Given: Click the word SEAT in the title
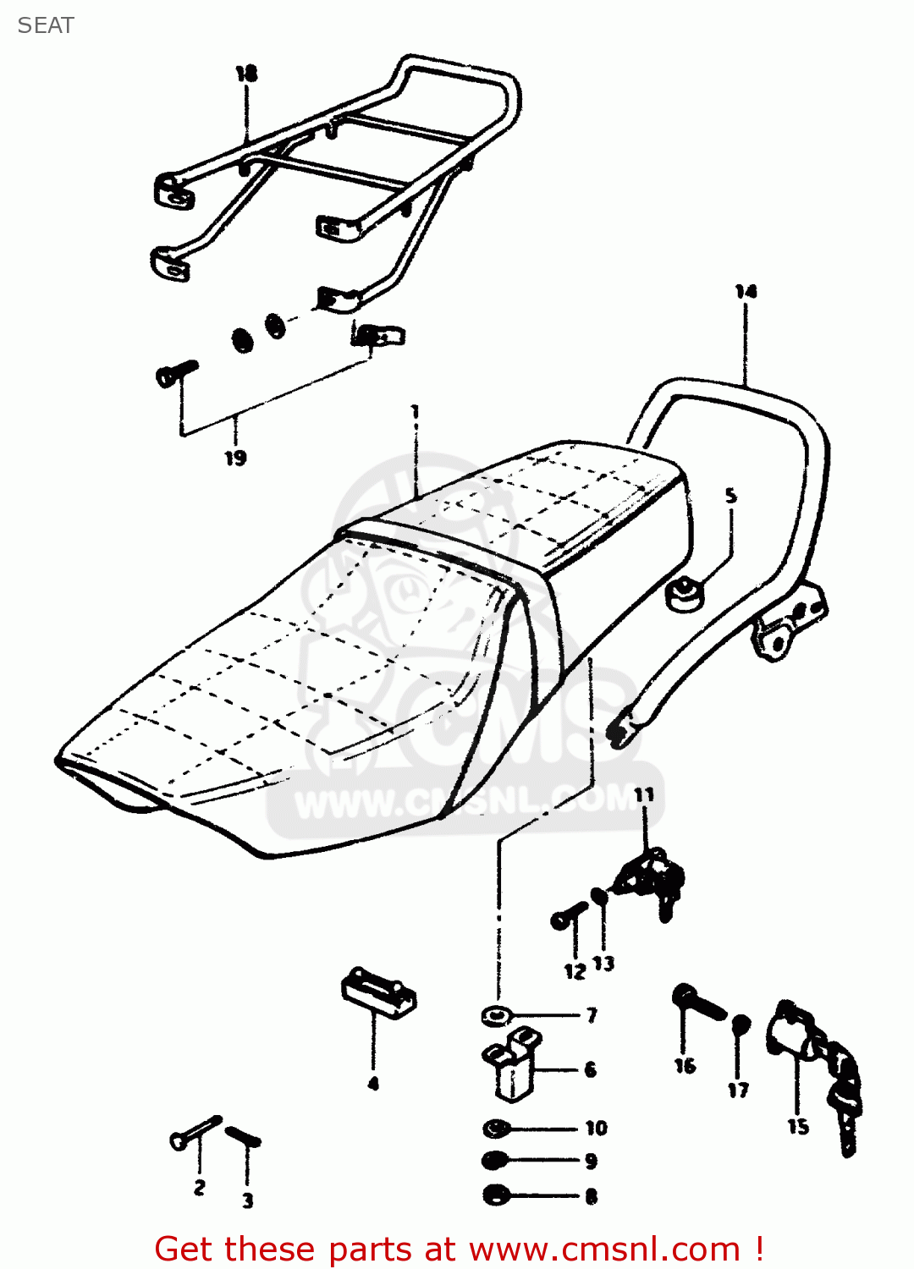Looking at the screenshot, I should click(46, 25).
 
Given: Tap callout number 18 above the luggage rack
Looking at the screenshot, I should click(246, 74).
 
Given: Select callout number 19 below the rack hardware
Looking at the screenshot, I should click(235, 458).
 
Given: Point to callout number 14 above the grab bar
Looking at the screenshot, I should click(746, 292).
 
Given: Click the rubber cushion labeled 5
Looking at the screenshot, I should click(684, 594).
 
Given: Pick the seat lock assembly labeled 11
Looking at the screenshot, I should click(650, 880).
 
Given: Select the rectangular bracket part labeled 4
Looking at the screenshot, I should click(378, 992).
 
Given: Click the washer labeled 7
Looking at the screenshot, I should click(495, 1014).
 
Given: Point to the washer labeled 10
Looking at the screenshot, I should click(496, 1128).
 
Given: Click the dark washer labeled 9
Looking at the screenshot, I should click(495, 1161).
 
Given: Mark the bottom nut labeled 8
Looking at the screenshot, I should click(495, 1195).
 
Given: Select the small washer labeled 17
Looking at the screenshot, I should click(740, 1024).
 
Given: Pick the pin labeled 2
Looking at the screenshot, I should click(195, 1132).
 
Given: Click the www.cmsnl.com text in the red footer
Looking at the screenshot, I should click(604, 1249).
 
